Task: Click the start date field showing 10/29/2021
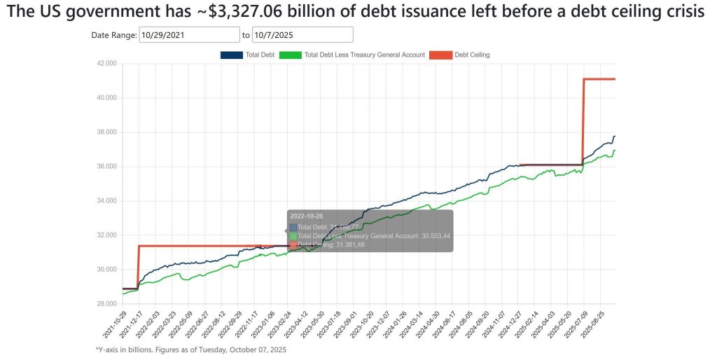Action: click(189, 35)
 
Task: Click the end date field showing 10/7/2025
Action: click(302, 35)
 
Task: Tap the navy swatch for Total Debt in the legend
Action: click(231, 55)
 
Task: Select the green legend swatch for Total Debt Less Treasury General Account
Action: click(290, 55)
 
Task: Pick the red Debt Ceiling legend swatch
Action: click(440, 55)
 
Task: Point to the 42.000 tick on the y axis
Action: click(106, 64)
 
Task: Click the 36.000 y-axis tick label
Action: click(106, 167)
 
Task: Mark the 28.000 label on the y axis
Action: click(106, 304)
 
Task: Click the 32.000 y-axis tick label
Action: click(106, 235)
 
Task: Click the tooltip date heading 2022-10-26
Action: click(306, 216)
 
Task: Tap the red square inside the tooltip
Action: click(293, 244)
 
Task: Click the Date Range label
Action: click(113, 35)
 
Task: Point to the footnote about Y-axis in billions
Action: click(190, 349)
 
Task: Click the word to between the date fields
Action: click(246, 35)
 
